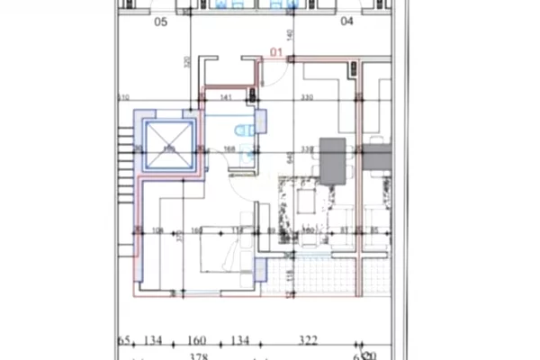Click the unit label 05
tap(162, 23)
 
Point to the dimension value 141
tap(227, 96)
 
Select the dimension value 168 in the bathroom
tap(229, 149)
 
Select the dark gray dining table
tap(334, 160)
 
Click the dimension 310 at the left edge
tap(123, 97)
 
